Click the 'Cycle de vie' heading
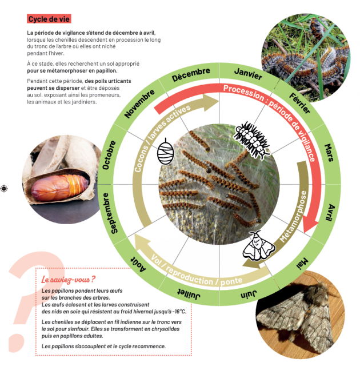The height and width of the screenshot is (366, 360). pos(49,19)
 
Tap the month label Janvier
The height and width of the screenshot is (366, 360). pos(248,74)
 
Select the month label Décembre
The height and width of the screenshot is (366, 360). pos(191,75)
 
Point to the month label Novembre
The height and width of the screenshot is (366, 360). pos(139,104)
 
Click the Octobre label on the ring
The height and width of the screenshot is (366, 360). pos(109,155)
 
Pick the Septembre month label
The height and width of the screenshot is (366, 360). pos(109,213)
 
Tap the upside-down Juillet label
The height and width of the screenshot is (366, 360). pos(189,294)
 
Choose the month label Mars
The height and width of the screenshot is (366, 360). pos(329,153)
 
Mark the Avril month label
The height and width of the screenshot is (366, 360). pos(331,212)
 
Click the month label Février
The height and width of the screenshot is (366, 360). pos(299,103)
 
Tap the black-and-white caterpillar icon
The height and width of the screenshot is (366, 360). pos(252,140)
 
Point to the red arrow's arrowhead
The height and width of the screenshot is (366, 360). pos(310,226)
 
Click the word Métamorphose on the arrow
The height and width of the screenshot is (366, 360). pos(293,217)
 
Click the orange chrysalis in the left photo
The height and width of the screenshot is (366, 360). pos(60,188)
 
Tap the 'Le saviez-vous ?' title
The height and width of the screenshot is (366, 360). pos(69,280)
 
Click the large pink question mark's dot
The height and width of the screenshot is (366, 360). pos(17,343)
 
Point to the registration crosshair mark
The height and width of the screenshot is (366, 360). pos(4,189)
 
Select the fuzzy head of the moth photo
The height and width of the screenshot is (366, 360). pos(318,292)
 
